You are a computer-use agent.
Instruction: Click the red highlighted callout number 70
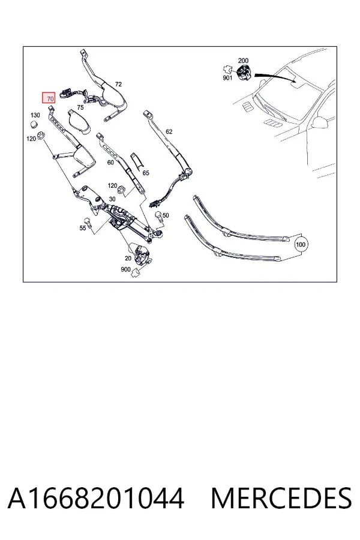[49, 98]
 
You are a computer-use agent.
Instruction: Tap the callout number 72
[118, 84]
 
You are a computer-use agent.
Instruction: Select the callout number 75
[80, 107]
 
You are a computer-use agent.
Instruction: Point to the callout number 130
[35, 115]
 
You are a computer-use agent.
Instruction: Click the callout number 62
[169, 131]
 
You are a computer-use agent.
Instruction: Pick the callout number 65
[146, 173]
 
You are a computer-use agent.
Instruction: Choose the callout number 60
[110, 162]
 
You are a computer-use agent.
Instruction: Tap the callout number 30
[112, 199]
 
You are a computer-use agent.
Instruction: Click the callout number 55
[83, 228]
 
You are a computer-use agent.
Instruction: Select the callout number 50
[166, 215]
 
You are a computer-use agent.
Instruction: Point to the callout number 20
[128, 258]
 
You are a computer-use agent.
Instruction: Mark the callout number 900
[125, 269]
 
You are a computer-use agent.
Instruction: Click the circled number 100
[301, 245]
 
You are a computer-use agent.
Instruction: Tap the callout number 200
[243, 61]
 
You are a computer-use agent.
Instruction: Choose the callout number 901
[227, 78]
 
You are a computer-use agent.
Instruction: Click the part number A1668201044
[96, 499]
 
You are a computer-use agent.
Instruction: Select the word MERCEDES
[281, 499]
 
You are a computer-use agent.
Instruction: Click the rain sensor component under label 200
[244, 73]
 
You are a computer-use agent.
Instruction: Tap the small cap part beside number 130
[34, 124]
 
